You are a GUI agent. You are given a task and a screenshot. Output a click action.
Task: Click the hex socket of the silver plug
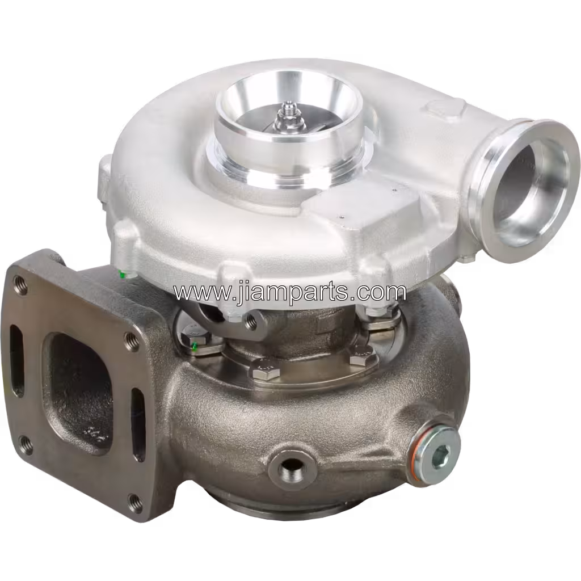click(x=442, y=454)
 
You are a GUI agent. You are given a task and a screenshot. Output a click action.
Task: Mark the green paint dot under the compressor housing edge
click(x=123, y=275)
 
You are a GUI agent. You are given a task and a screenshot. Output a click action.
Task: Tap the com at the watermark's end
click(x=385, y=293)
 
